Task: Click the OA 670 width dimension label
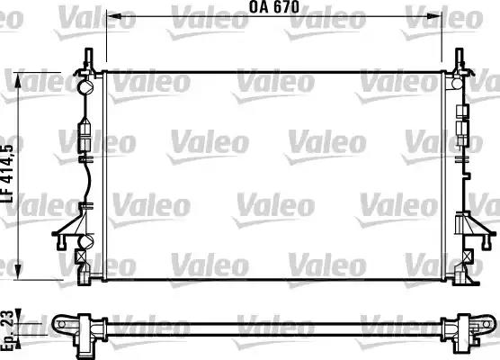click(273, 7)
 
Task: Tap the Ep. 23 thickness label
click(8, 330)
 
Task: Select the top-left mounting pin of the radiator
click(87, 58)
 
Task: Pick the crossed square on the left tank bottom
click(83, 255)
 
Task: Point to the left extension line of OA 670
click(106, 36)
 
